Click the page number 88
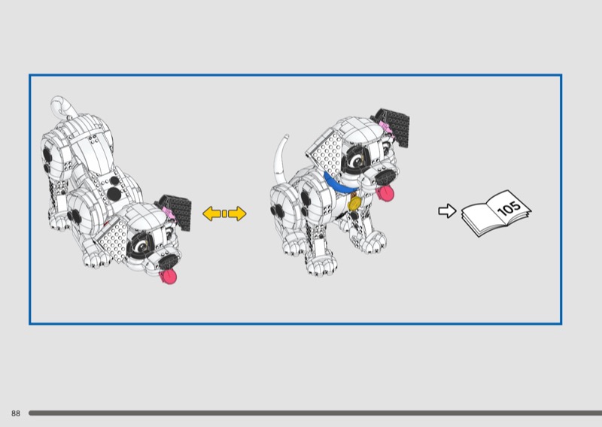coord(15,413)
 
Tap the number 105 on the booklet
coord(509,207)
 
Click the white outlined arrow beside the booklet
coord(447,210)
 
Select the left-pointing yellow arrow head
coord(211,214)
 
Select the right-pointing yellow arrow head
coord(238,214)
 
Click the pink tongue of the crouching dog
coord(169,276)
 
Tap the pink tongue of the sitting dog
coord(385,192)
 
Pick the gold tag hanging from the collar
coord(354,203)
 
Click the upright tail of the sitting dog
coord(280,157)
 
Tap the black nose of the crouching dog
coord(168,262)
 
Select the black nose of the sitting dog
coord(385,177)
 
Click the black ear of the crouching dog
coord(177,212)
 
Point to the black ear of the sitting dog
coord(394,126)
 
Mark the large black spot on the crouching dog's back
coord(114,194)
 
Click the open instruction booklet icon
coord(496,213)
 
